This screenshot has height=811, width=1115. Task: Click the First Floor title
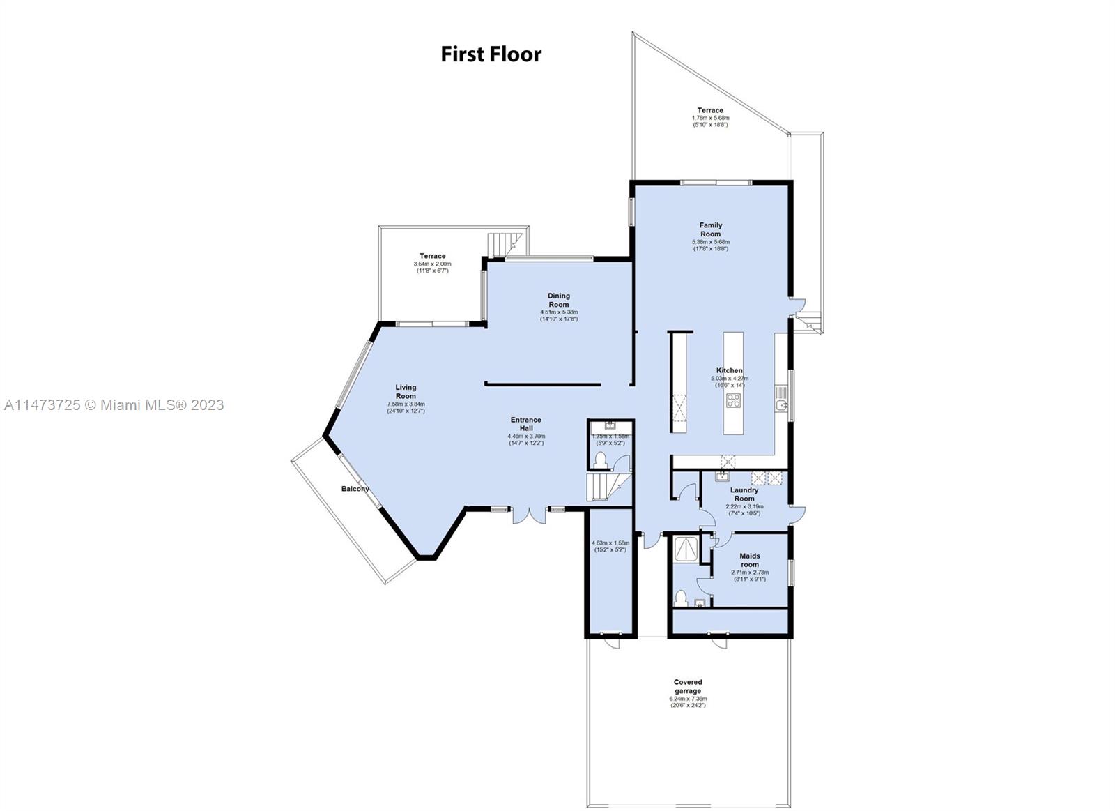[x=491, y=54]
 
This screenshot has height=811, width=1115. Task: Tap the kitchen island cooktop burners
[x=734, y=400]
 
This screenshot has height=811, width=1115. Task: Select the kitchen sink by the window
[x=781, y=405]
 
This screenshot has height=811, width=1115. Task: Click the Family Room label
[x=711, y=229]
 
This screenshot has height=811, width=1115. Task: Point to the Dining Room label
[x=558, y=300]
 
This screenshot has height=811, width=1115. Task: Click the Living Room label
[x=406, y=391]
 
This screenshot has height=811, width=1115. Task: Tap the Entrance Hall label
[x=525, y=424]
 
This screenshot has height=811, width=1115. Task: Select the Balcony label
[x=355, y=489]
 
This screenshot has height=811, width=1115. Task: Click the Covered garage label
[x=688, y=686]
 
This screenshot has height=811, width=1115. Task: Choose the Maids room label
[x=749, y=560]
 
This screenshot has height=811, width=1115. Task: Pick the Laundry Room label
[x=744, y=494]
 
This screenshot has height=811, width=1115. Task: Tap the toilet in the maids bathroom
[x=682, y=598]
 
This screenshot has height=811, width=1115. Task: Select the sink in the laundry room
[x=721, y=477]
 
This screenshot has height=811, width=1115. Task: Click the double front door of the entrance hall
[x=528, y=515]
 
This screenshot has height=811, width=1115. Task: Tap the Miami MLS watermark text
[x=113, y=404]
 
